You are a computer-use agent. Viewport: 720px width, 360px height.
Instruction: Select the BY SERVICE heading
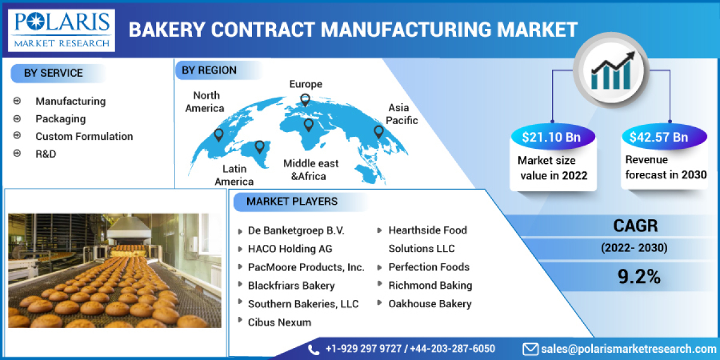53,73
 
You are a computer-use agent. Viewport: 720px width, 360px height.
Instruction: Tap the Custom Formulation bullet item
84,136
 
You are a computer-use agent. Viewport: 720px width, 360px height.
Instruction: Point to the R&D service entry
46,154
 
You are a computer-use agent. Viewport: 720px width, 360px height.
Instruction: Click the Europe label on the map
305,84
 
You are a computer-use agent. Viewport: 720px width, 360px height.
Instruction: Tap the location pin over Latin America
259,146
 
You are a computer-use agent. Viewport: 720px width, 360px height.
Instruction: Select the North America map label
205,102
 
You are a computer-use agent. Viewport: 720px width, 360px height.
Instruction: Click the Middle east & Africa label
311,170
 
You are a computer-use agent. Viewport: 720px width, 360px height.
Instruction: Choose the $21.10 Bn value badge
551,137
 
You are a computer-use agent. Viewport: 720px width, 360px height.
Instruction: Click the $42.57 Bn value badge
658,137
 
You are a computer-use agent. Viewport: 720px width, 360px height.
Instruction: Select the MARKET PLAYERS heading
292,202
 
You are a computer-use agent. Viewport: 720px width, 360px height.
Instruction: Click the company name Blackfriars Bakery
291,286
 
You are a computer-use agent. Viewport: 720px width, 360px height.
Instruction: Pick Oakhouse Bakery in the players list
430,304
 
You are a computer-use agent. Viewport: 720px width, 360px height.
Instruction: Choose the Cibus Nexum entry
280,322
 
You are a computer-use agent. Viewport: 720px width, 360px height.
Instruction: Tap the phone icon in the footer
314,349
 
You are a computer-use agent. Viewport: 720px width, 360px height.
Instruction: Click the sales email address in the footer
628,349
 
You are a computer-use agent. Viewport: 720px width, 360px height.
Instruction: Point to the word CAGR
635,226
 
